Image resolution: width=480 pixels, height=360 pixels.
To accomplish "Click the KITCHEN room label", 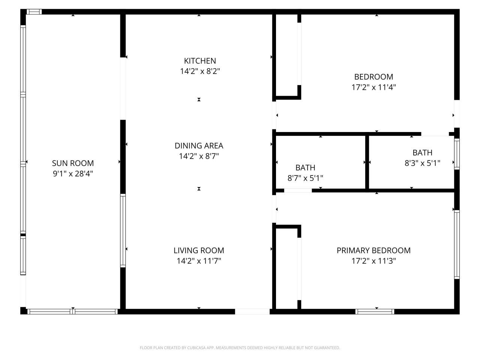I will tap(200, 61).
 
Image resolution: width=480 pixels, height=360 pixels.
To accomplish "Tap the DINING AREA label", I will tap(199, 145).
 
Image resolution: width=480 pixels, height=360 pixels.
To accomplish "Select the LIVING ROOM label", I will tap(199, 250).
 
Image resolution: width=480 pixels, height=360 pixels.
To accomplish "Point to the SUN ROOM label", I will tap(73, 163).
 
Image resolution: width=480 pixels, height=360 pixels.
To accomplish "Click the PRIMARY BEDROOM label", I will tap(373, 250).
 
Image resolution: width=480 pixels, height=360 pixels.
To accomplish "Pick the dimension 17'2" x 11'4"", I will tap(373, 87).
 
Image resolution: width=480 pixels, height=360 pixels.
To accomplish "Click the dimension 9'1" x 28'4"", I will tap(73, 174).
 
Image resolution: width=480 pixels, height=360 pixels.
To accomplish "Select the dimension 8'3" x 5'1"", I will tap(422, 163).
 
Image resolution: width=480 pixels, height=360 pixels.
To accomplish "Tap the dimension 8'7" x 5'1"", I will tap(305, 178).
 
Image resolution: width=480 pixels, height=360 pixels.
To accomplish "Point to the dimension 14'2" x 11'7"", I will tap(199, 261).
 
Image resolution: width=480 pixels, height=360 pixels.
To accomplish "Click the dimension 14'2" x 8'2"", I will tap(200, 71).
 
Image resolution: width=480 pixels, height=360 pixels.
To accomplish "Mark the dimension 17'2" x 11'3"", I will tap(373, 261).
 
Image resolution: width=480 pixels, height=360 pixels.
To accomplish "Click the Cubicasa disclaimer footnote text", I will tap(240, 348).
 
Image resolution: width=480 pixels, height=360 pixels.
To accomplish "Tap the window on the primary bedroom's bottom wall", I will tap(375, 311).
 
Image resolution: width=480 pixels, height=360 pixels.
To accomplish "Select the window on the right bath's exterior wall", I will tap(457, 154).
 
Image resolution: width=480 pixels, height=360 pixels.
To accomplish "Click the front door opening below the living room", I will tap(252, 311).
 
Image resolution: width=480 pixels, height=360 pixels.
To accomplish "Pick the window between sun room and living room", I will tap(123, 230).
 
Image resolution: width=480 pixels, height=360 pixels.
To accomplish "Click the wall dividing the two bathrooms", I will tap(367, 162).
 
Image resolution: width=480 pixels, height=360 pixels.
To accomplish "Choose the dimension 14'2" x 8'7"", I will tap(199, 156).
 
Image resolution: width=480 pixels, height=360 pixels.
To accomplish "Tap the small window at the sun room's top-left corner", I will tap(34, 12).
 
